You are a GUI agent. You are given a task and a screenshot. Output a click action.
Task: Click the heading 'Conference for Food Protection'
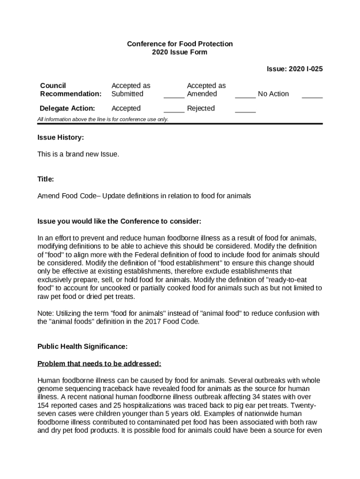coord(180,44)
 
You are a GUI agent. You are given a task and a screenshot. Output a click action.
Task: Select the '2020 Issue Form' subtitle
coord(180,52)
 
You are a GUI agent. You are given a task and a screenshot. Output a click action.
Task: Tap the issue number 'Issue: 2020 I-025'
coord(295,69)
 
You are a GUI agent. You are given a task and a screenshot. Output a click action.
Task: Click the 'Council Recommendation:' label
coord(71,90)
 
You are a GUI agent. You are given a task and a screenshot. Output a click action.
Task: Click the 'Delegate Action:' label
coord(67,109)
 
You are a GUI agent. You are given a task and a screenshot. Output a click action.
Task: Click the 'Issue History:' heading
coord(61,138)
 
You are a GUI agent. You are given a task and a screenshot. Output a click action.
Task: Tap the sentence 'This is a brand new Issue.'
coord(78,154)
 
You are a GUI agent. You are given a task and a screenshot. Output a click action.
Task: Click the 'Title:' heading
coord(46,179)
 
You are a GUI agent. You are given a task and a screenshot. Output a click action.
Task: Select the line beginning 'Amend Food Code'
coord(144,196)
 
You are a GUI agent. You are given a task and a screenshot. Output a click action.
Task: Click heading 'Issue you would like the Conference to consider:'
coord(119,221)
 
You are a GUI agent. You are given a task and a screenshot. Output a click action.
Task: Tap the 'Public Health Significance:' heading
coord(82,347)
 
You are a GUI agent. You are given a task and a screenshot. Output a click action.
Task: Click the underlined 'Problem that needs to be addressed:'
coord(99,363)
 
